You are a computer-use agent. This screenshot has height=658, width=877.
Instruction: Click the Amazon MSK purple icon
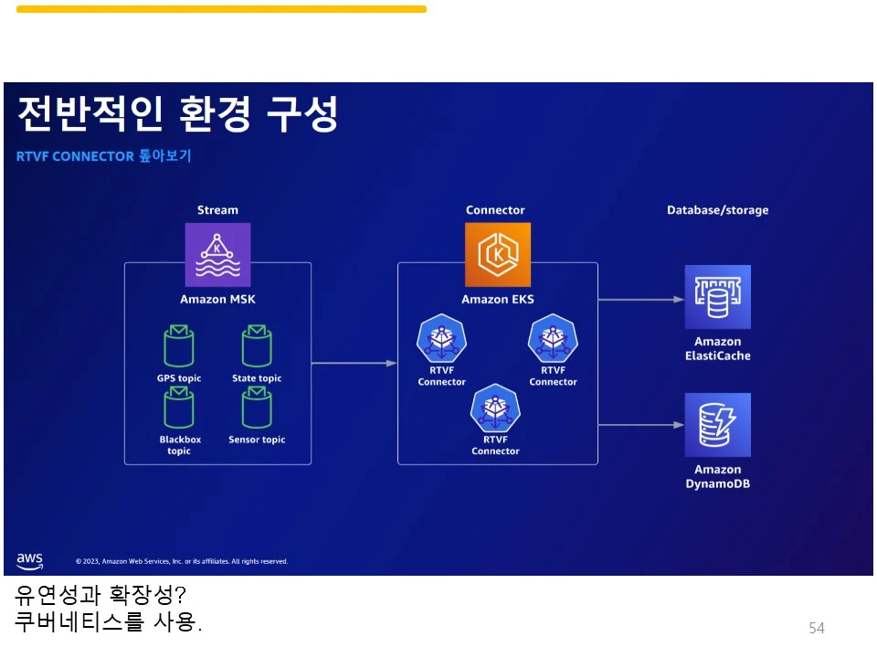217,255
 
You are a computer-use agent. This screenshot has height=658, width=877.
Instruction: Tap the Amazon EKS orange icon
497,255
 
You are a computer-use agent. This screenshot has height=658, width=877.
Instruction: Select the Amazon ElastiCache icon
717,297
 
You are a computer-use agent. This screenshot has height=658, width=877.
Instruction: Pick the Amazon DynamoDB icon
717,425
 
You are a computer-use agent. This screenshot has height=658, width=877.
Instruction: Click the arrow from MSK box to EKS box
354,364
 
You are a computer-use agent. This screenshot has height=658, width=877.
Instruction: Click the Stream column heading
217,210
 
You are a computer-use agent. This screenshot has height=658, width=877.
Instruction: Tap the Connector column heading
495,210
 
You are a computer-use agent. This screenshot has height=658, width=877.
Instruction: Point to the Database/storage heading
717,210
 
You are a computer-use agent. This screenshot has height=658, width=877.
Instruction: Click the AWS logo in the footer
29,559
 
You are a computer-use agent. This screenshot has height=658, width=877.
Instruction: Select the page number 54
816,628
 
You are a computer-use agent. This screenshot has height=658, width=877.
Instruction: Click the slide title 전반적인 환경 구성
177,114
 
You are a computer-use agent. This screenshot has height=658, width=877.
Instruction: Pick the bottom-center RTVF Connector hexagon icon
495,409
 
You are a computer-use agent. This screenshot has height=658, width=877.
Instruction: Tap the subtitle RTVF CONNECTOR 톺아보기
103,156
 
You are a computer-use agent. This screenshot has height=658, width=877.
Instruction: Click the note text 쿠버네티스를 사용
108,623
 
